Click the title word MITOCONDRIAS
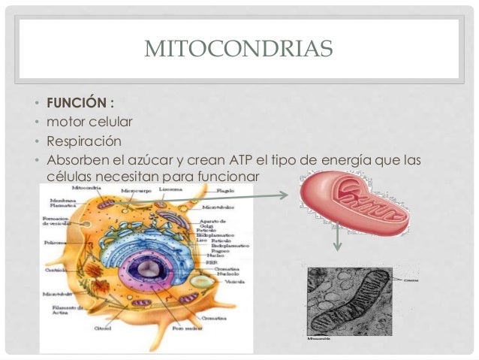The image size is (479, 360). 238,50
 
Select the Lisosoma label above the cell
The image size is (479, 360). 167,190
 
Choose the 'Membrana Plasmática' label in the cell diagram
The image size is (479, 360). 62,204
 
